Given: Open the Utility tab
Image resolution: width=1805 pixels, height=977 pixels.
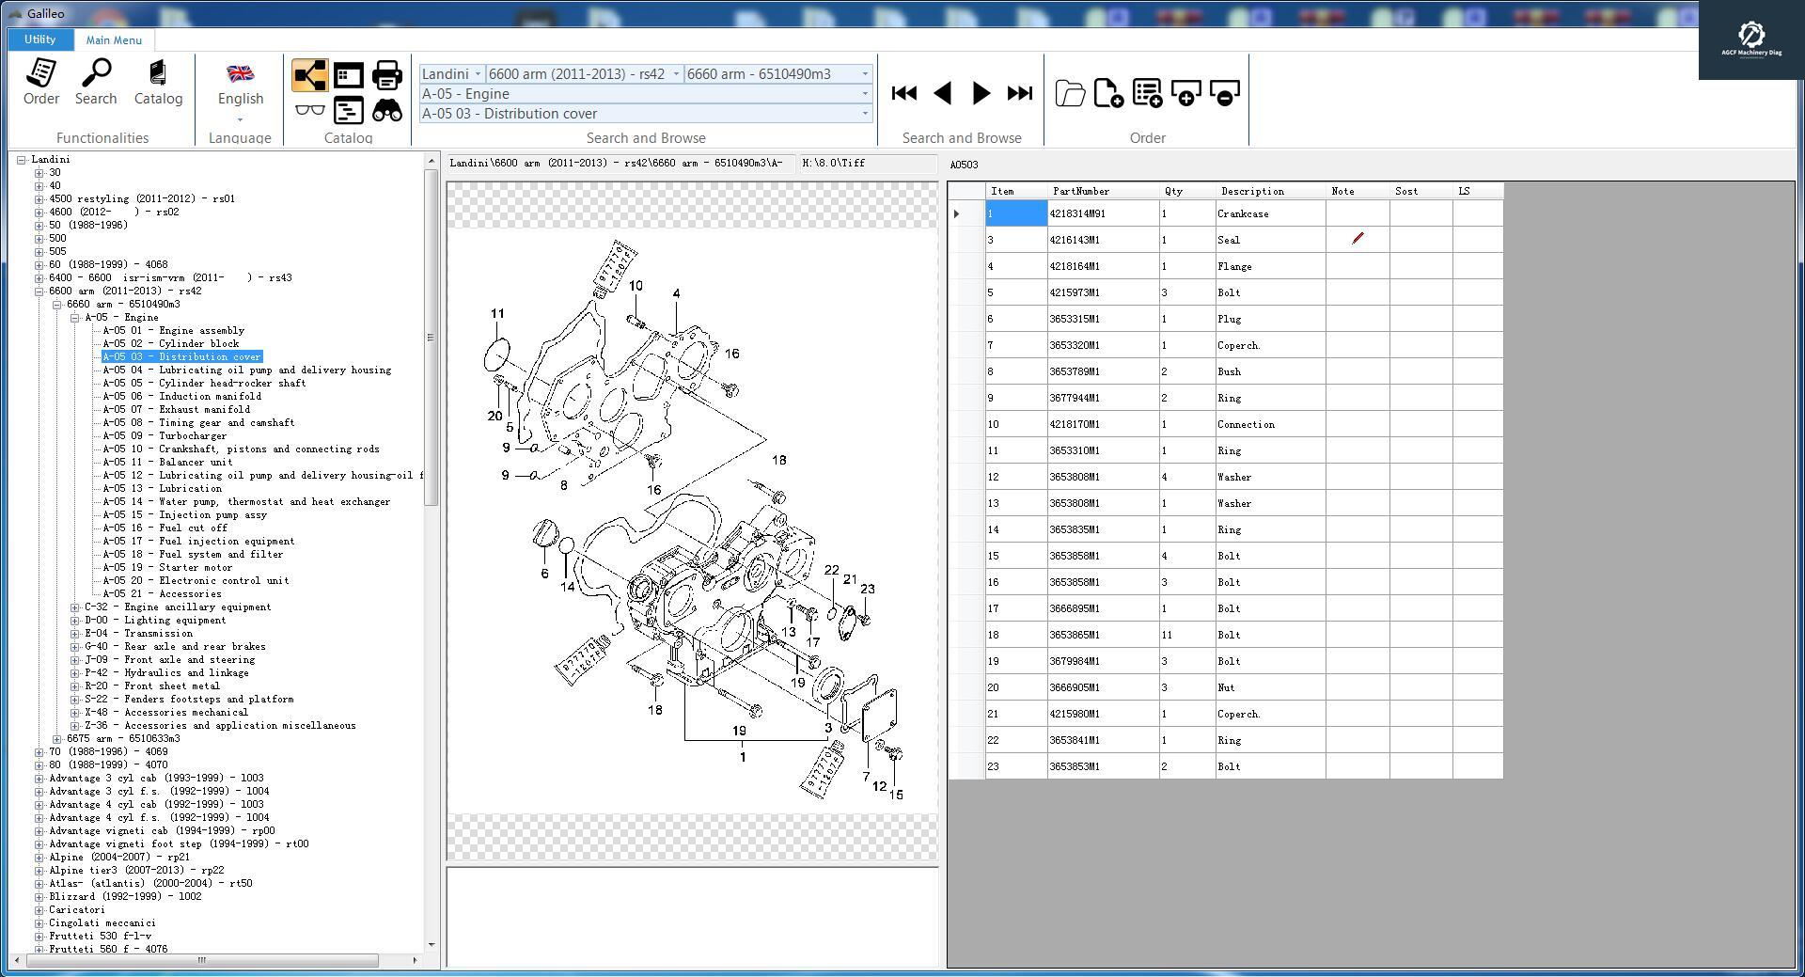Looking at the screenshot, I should coord(39,39).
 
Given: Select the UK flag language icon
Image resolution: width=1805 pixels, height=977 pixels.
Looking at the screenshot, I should coord(241,73).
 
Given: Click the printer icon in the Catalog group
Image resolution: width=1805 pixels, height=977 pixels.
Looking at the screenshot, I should coord(386,75).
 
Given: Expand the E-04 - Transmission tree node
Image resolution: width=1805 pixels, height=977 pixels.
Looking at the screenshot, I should coord(75,634).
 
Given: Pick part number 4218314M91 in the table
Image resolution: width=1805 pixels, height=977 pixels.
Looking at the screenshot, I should coord(1078,214).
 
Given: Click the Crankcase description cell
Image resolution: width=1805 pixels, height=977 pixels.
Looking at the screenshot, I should coord(1243,214).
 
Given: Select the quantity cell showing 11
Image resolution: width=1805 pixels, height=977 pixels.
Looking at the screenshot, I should coord(1167,636).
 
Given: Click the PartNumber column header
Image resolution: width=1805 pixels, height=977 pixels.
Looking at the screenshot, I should coord(1081,192).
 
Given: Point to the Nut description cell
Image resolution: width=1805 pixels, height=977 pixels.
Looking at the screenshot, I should coord(1226,688).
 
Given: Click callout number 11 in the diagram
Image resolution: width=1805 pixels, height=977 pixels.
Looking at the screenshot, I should coord(497,314).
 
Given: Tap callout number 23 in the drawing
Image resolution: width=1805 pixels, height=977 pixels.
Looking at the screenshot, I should coord(867,590).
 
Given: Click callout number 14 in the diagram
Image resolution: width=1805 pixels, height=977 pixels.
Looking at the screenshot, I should coord(567,587).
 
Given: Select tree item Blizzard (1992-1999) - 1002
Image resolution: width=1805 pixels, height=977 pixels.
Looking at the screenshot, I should coord(124,897).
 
